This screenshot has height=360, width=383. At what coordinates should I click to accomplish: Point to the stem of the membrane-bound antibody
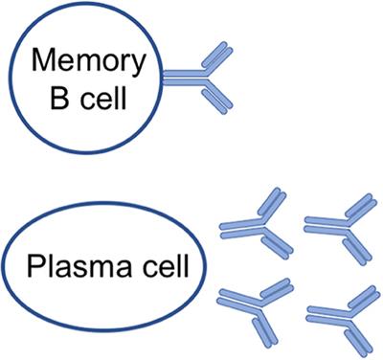point(180,77)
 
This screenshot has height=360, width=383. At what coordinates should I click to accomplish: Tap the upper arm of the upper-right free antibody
point(355,208)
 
